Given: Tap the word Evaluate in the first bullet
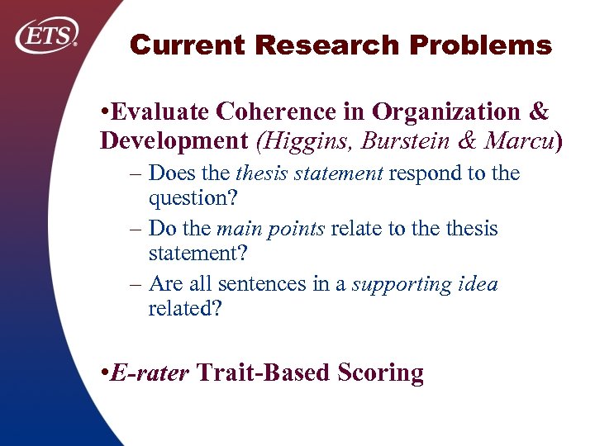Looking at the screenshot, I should (159, 111).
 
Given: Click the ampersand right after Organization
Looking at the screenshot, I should (539, 111).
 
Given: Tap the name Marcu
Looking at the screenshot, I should (518, 140).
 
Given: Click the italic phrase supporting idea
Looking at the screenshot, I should (425, 284).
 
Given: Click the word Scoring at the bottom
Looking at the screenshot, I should (381, 372).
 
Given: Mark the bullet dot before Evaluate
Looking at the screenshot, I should (103, 111).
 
